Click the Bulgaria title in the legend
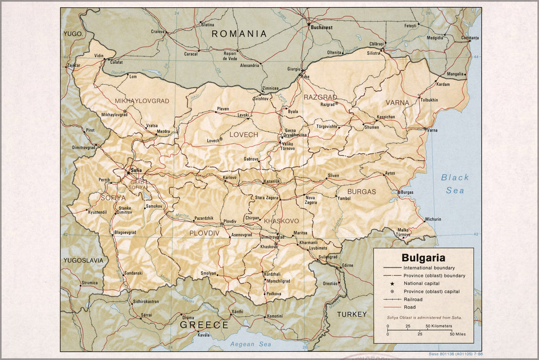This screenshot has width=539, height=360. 423,258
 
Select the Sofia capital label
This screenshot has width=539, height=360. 136,170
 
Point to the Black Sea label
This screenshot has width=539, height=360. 455,184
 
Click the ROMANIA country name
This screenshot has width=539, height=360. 239,34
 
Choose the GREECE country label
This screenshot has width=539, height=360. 203,325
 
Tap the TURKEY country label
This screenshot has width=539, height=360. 352,314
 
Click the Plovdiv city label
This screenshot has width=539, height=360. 230,222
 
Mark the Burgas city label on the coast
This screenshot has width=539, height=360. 407,192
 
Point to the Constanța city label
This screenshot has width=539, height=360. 470,38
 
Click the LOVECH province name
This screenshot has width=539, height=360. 244,135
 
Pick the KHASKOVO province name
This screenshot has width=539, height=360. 281,221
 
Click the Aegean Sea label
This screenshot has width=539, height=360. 250,344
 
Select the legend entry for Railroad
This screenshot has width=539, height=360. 413,299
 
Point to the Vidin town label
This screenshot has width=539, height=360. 99,56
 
